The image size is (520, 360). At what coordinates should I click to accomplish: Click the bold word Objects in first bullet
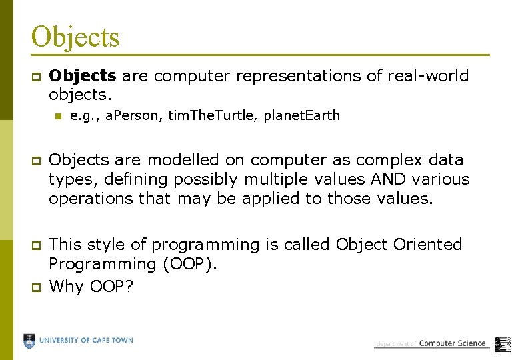click(x=83, y=76)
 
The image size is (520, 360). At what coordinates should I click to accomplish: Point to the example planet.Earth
click(x=301, y=116)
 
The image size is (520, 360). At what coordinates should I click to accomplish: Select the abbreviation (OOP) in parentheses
click(x=190, y=264)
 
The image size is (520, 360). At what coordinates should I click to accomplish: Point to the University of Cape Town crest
click(x=29, y=341)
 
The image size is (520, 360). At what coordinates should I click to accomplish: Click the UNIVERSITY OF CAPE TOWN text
click(x=86, y=341)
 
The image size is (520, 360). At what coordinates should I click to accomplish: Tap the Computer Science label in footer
click(x=452, y=343)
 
